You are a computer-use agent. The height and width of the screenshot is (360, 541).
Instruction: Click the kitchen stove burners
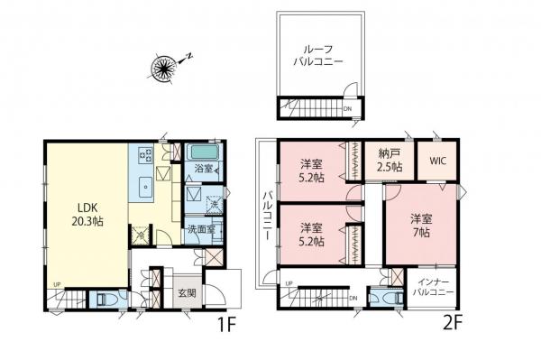click(145, 156)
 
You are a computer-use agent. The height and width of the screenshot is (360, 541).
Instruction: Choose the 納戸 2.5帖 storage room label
click(389, 161)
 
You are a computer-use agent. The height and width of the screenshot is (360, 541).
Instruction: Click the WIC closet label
click(437, 162)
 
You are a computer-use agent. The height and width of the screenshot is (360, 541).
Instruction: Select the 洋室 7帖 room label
click(420, 225)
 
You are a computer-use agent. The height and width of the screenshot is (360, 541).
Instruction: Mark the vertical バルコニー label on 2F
click(267, 216)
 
